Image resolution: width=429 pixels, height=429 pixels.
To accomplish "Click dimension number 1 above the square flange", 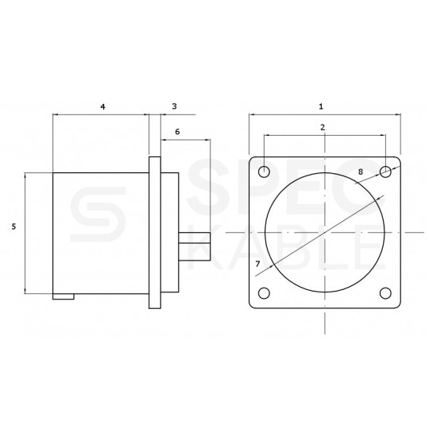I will coord(320,106).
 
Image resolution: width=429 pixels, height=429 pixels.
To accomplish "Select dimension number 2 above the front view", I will coord(322,127).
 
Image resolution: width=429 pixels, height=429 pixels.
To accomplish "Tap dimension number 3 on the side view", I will coord(174,106).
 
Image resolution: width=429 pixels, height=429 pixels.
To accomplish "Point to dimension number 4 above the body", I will coord(103,106).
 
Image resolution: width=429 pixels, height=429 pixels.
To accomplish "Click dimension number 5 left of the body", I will coord(14,226).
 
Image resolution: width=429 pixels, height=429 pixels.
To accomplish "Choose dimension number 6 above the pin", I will coord(176,131).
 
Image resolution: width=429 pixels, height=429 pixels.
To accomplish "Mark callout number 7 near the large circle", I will coord(257,262).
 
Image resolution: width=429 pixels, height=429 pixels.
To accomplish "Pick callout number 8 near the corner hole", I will coord(361,171).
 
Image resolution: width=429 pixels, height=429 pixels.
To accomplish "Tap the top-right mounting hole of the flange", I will coord(386,172).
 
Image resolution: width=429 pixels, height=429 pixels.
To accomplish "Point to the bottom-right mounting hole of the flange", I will coord(386,293).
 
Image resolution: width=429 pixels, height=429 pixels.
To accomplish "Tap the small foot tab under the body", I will coord(64,297).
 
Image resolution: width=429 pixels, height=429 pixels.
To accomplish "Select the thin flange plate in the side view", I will coord(155,232).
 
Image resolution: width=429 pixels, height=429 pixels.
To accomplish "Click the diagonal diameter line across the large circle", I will coord(326,230).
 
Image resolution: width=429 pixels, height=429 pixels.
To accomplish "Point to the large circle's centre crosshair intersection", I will coord(325,232).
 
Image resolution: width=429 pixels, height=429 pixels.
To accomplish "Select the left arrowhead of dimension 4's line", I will coord(55,115).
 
